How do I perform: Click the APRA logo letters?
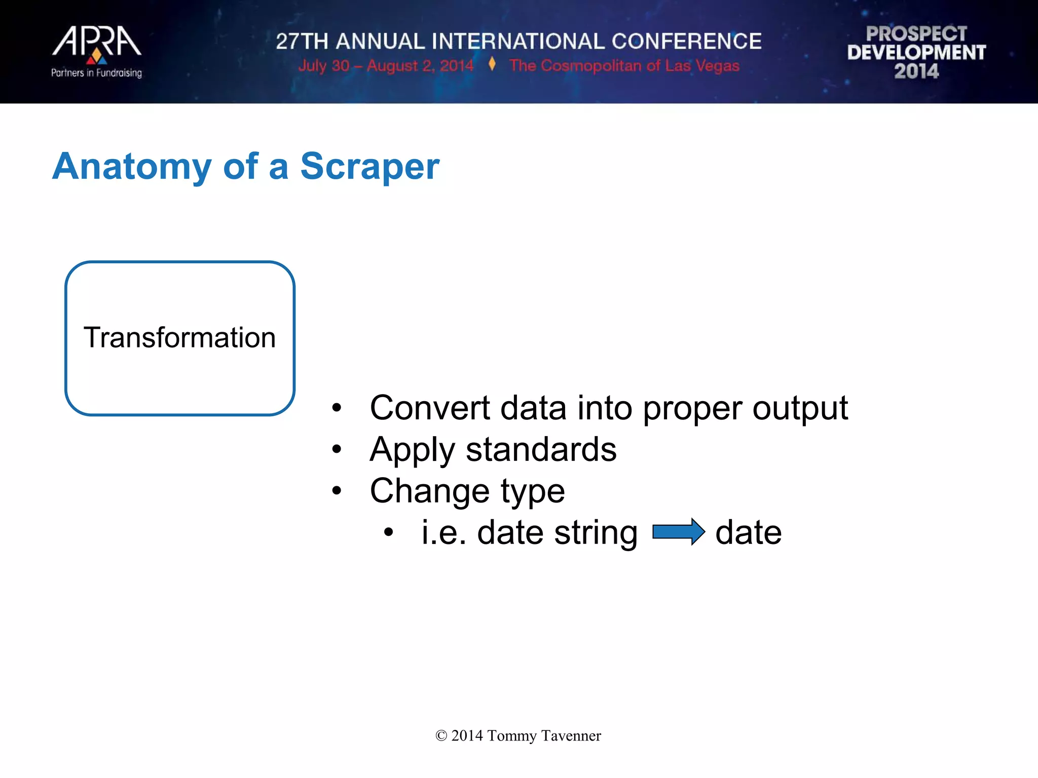coord(96,42)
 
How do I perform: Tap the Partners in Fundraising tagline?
coord(96,73)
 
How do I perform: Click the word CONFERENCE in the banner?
coord(686,42)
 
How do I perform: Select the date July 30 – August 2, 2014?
coord(385,66)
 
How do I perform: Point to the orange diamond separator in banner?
coord(492,64)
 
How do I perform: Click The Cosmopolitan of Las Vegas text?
coord(624,66)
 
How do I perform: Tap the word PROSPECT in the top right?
coord(916,34)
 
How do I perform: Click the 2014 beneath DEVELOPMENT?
coord(916,71)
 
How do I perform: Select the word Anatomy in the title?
coord(132,167)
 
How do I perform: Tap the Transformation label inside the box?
coord(179,338)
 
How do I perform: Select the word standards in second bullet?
coord(541,449)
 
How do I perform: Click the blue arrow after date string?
coord(678,532)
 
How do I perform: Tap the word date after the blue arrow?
coord(748,533)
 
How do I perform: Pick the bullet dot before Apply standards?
coord(337,449)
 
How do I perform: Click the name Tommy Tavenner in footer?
coord(544,735)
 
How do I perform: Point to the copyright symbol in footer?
coord(441,736)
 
